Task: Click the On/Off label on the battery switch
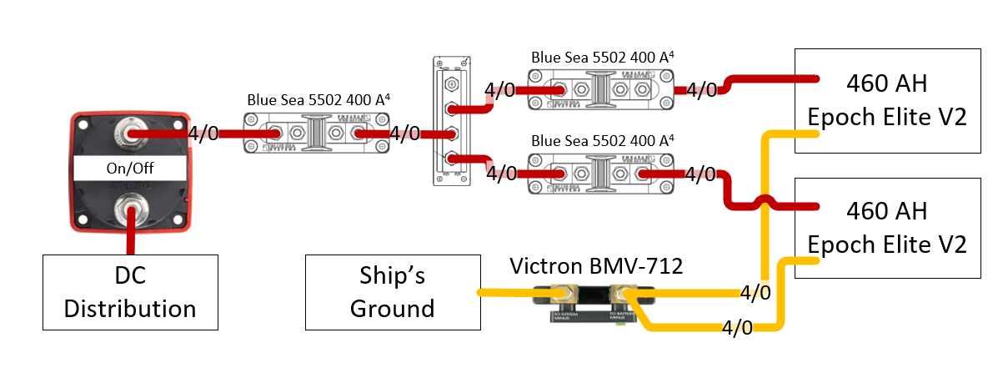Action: (129, 168)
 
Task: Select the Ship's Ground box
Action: (393, 292)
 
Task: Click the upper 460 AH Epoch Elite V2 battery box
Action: (886, 100)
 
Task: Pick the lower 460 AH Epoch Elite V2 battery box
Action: (886, 228)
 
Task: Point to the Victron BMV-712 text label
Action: (596, 267)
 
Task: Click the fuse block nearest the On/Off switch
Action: (316, 134)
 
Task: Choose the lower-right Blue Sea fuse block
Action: (599, 174)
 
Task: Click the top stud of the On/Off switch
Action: (130, 133)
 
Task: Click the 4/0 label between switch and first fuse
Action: (204, 134)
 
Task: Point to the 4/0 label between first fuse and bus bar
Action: (405, 134)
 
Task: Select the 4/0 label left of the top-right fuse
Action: (500, 90)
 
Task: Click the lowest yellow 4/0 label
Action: (738, 327)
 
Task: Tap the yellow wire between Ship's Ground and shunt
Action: (509, 293)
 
